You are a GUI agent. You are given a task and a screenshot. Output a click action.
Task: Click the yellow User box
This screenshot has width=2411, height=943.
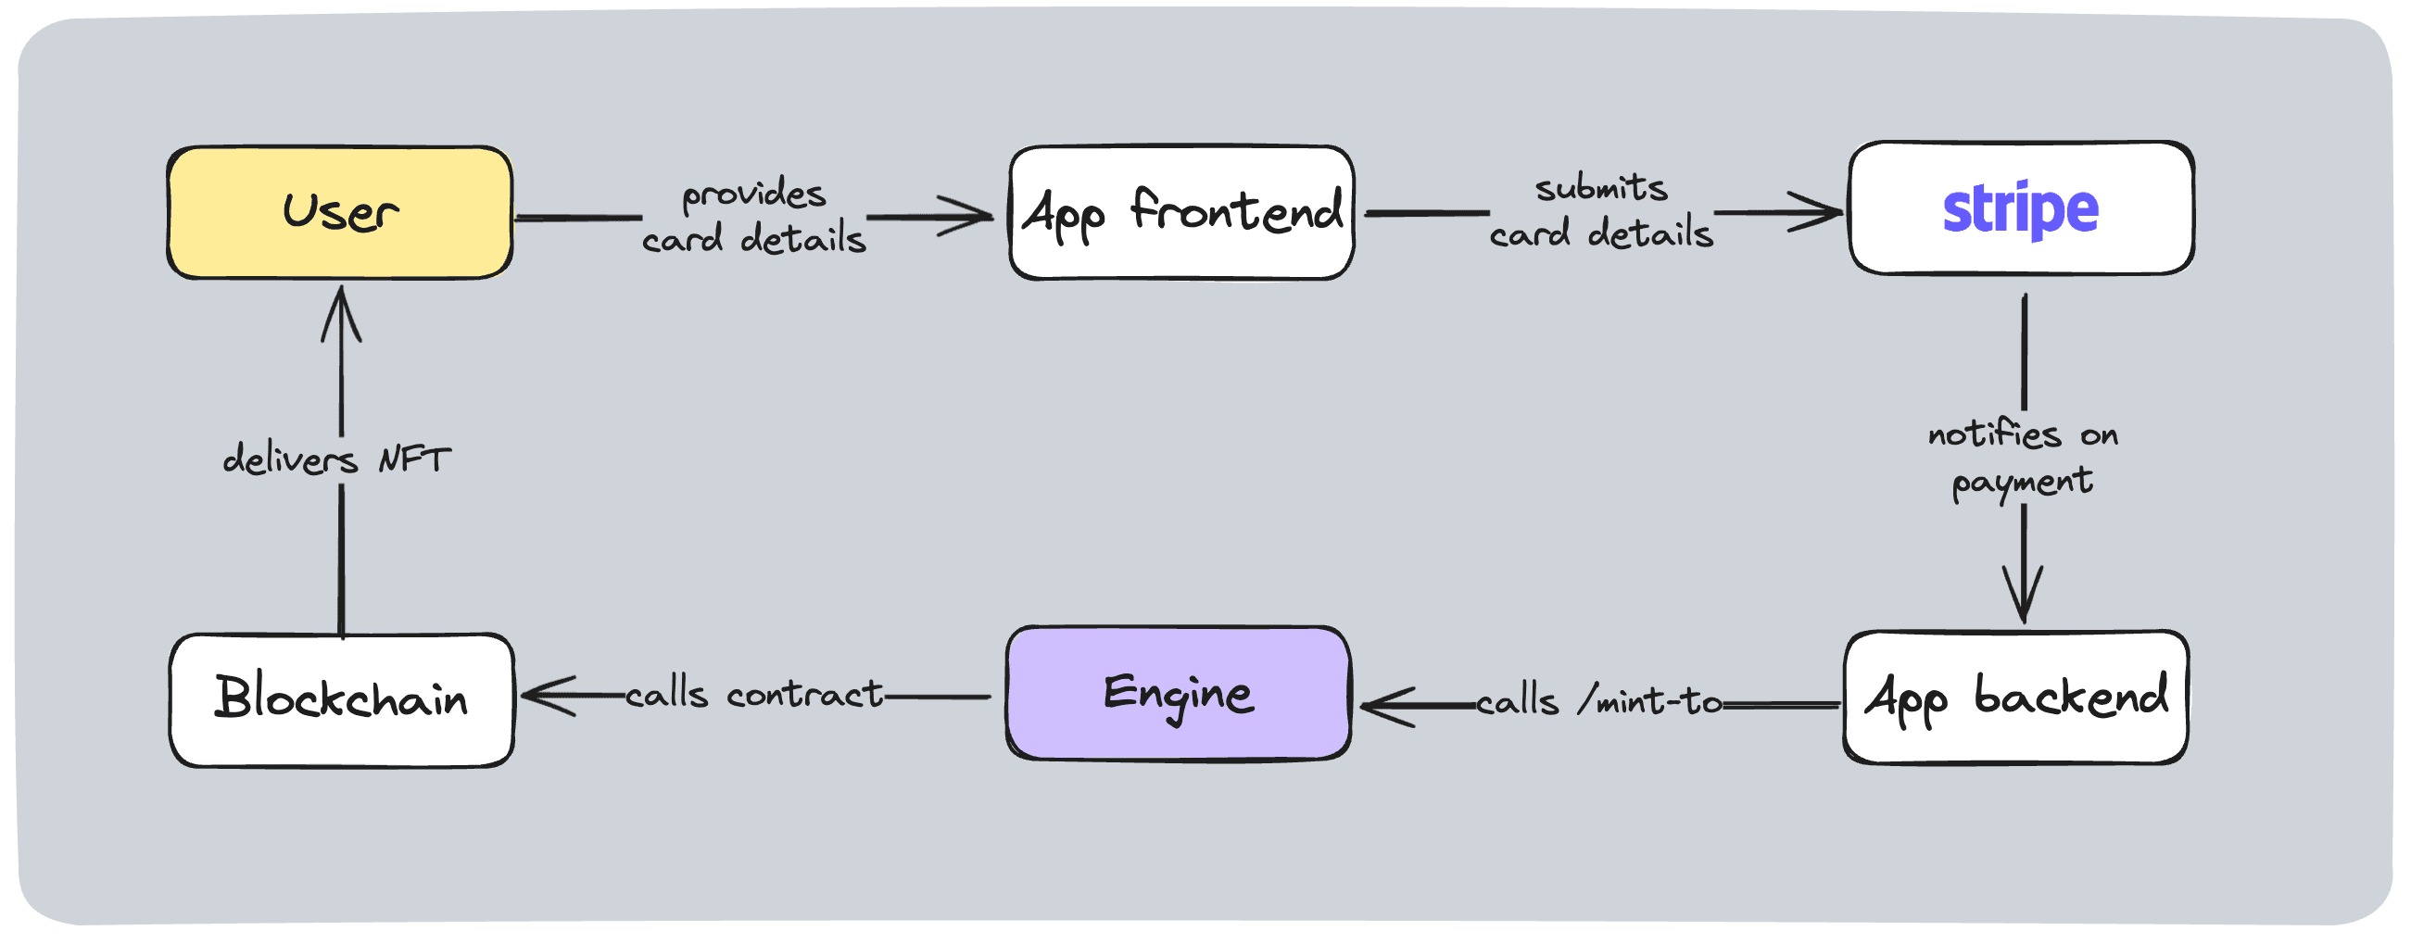(340, 212)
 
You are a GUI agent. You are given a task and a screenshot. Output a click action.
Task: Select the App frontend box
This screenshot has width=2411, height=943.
(1181, 212)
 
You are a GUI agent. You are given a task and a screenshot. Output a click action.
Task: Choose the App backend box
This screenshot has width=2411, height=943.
(2015, 698)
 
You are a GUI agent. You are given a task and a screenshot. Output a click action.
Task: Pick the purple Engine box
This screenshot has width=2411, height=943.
(1179, 693)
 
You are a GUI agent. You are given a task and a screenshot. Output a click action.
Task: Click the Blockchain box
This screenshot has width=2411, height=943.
(342, 699)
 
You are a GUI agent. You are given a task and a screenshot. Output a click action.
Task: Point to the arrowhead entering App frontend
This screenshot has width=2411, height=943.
(973, 216)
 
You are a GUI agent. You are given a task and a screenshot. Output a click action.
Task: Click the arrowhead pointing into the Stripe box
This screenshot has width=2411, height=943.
(1824, 212)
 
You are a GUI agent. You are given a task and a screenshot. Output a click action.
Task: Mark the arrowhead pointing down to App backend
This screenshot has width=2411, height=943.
(2024, 603)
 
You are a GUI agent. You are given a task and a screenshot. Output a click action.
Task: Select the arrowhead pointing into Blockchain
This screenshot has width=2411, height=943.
(541, 696)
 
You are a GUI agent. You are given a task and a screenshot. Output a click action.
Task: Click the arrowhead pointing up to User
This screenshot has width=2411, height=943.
(342, 304)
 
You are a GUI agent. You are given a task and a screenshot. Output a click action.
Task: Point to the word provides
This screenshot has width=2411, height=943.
(753, 195)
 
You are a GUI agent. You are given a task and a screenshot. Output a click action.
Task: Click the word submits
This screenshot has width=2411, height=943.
(1601, 188)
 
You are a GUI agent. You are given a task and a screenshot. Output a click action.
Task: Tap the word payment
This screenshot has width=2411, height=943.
(2022, 483)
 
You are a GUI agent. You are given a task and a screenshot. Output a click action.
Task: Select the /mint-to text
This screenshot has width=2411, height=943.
(1649, 700)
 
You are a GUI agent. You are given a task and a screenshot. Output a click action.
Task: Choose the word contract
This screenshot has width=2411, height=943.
(804, 694)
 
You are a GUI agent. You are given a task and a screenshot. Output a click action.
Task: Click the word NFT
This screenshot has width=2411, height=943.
(413, 459)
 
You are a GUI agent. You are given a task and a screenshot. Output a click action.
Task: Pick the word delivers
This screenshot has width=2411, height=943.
(290, 459)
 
